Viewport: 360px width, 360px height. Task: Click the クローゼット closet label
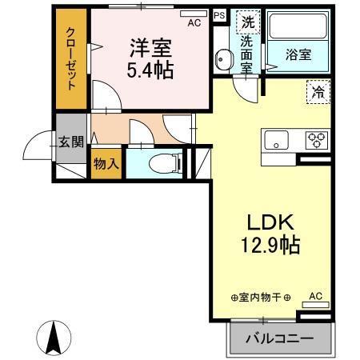(x=71, y=62)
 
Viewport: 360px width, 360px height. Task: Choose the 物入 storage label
(x=106, y=163)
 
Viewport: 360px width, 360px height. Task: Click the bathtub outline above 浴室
(x=298, y=27)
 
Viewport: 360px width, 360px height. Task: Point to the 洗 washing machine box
(x=248, y=23)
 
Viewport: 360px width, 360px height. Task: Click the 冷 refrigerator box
(x=316, y=92)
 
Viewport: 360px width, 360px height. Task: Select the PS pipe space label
(x=219, y=14)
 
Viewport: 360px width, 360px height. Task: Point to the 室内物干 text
(x=261, y=298)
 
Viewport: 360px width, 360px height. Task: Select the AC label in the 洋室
(x=194, y=24)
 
